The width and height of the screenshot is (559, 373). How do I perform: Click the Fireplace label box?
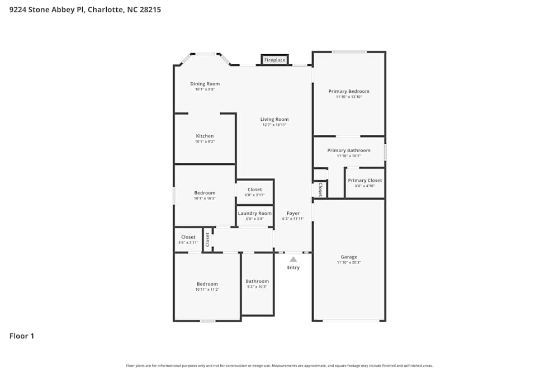pyautogui.click(x=274, y=60)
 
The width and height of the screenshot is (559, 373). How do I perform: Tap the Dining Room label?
pyautogui.click(x=205, y=84)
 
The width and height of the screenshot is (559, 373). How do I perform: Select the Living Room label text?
pyautogui.click(x=274, y=119)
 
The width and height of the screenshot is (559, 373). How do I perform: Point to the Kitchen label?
pyautogui.click(x=205, y=136)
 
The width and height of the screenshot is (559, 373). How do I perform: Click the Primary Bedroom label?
pyautogui.click(x=349, y=91)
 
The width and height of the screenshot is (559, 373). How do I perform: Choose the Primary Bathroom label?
pyautogui.click(x=349, y=150)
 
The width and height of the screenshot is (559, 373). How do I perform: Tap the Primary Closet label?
pyautogui.click(x=365, y=181)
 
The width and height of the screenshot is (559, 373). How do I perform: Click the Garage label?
pyautogui.click(x=349, y=257)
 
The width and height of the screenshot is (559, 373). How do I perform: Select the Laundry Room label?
pyautogui.click(x=255, y=213)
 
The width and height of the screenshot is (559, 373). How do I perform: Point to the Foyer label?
pyautogui.click(x=293, y=213)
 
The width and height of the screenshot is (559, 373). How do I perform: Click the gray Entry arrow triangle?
pyautogui.click(x=293, y=259)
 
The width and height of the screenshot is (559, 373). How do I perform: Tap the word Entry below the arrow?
pyautogui.click(x=293, y=267)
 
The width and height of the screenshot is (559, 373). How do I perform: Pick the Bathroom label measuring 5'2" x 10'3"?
pyautogui.click(x=257, y=281)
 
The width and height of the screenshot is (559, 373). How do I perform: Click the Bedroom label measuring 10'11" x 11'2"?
pyautogui.click(x=207, y=284)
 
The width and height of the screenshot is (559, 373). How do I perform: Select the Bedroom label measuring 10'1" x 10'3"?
pyautogui.click(x=205, y=193)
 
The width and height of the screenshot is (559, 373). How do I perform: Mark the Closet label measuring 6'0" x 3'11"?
pyautogui.click(x=254, y=190)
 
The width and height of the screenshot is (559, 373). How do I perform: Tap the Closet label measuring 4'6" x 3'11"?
pyautogui.click(x=188, y=237)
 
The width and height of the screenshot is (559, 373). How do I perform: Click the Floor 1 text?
pyautogui.click(x=22, y=336)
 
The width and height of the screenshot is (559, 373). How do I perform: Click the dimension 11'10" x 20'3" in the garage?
pyautogui.click(x=349, y=262)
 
